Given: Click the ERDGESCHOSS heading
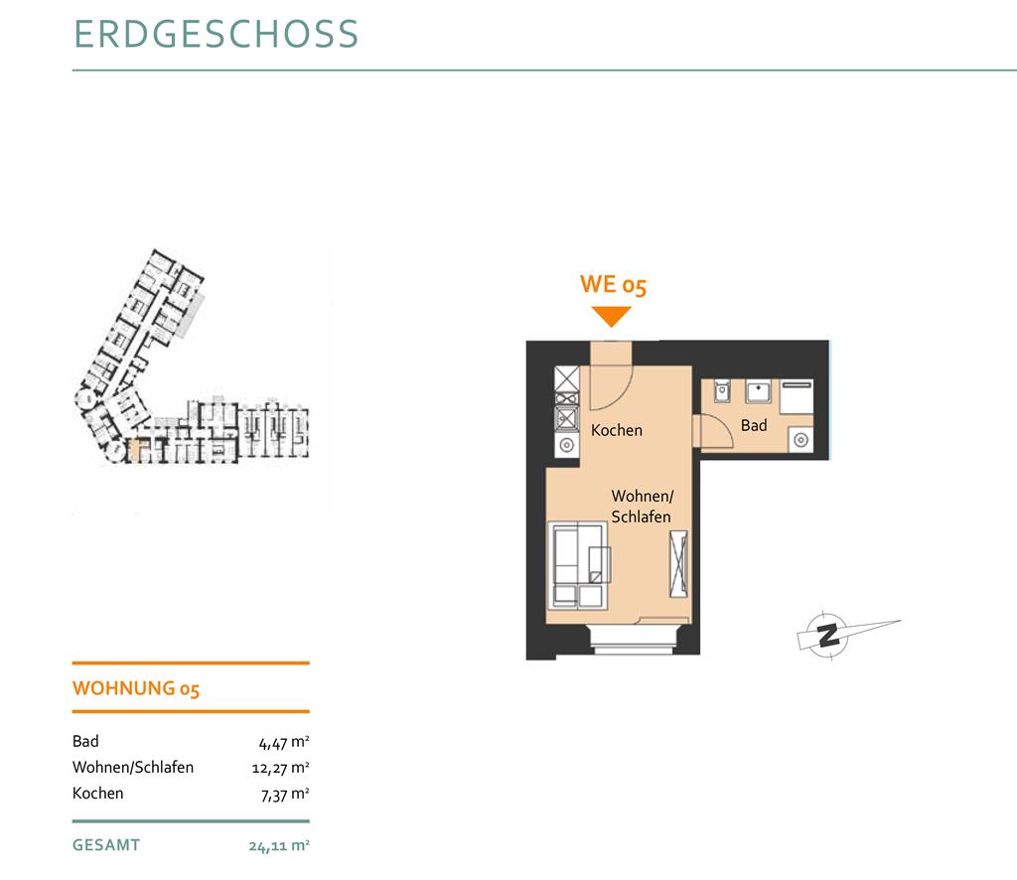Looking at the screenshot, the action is point(216,34).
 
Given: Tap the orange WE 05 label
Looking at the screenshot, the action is point(613,285).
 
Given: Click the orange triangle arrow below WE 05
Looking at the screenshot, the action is point(611,317).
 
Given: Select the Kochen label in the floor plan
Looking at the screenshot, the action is point(616,430).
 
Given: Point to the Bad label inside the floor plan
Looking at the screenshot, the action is point(754,425).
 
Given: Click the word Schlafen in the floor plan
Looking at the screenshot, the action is point(641,516).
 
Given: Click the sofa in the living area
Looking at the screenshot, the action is point(579,565).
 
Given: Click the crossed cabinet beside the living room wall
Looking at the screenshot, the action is point(678,563).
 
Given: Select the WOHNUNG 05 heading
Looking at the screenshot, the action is point(135,688).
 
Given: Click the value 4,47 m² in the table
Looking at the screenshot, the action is point(284,743).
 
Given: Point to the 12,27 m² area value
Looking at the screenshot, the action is point(281,769).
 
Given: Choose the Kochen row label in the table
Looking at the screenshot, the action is point(98,794).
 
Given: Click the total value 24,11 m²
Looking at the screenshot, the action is point(279,846).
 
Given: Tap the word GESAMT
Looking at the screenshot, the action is point(106,845).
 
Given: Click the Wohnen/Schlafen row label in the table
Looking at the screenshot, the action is point(133,767).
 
